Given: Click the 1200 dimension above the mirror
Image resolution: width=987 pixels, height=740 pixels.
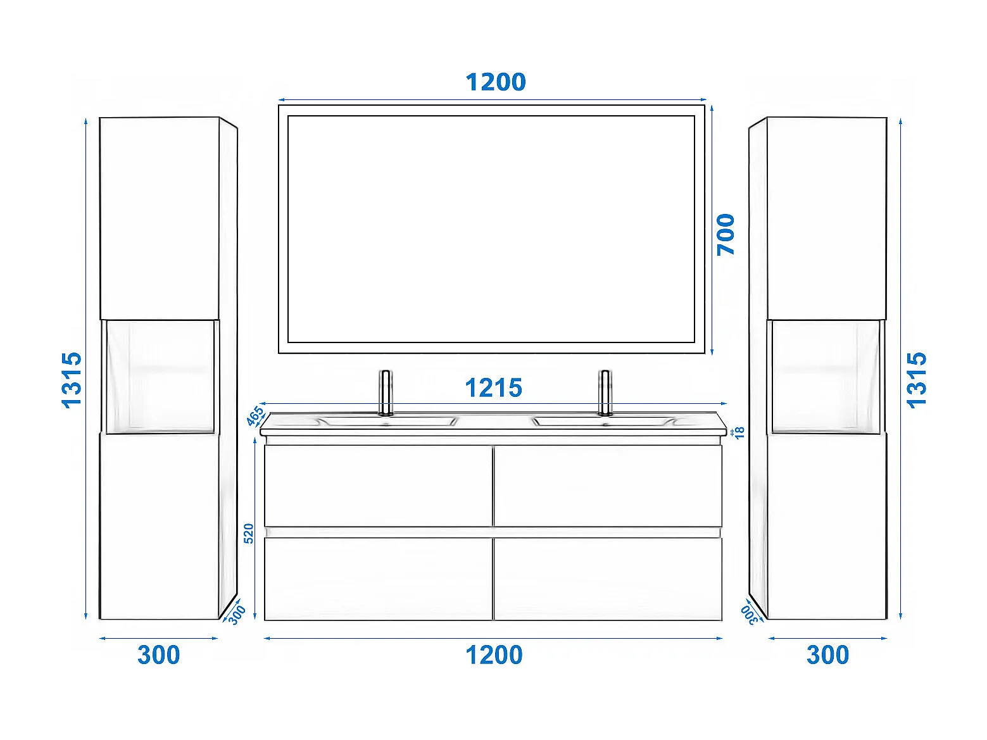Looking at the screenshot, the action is (x=495, y=82).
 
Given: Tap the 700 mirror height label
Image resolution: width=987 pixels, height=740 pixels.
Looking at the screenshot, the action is (x=726, y=234).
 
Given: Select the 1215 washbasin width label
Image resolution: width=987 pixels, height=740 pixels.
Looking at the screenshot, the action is (x=493, y=388).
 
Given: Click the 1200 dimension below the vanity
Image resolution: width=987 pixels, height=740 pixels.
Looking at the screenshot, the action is (x=494, y=655).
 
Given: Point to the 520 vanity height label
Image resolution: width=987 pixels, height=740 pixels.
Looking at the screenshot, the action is (x=249, y=533).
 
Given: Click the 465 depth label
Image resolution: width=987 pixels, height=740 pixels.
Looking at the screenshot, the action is (x=255, y=416).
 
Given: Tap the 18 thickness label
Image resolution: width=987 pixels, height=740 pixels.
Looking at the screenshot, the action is (x=739, y=432).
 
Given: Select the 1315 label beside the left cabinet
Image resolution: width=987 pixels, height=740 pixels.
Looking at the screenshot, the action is (x=72, y=379).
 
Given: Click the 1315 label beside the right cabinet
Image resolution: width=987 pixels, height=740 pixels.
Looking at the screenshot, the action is (x=916, y=379).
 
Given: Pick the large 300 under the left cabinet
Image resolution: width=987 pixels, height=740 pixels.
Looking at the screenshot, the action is (x=158, y=655).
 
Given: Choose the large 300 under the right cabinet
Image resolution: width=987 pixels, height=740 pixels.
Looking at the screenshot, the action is (x=827, y=655).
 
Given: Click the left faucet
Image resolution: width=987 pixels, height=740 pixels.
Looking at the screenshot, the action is (x=385, y=392).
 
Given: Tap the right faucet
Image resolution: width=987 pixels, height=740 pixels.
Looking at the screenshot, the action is (x=605, y=392).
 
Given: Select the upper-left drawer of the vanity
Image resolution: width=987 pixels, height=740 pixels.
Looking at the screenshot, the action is (x=378, y=485).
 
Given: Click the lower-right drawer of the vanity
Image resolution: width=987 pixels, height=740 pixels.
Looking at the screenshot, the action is (x=608, y=579).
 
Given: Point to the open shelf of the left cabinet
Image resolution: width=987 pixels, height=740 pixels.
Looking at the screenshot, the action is (x=159, y=377).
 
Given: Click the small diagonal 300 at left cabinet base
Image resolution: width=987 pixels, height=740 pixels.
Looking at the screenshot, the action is (x=237, y=615).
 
